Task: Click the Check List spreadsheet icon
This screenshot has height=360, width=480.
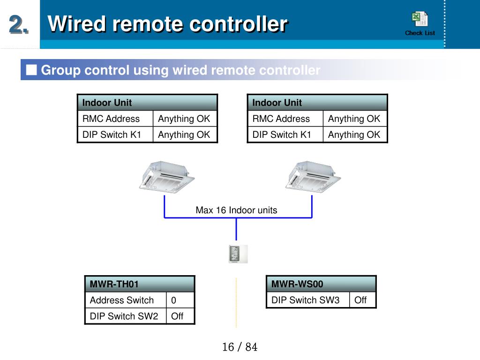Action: point(420,19)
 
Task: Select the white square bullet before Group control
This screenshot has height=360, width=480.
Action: point(31,70)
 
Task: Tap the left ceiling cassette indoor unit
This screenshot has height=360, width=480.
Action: point(167,177)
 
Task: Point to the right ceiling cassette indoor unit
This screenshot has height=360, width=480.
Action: point(313,177)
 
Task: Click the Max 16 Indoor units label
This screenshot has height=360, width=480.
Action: point(236,210)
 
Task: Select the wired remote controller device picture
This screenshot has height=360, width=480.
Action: point(238,254)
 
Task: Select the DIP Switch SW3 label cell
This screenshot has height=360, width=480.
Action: point(308,300)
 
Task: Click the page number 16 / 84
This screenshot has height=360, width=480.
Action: point(240,347)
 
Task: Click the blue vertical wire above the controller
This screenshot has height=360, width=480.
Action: point(236,229)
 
